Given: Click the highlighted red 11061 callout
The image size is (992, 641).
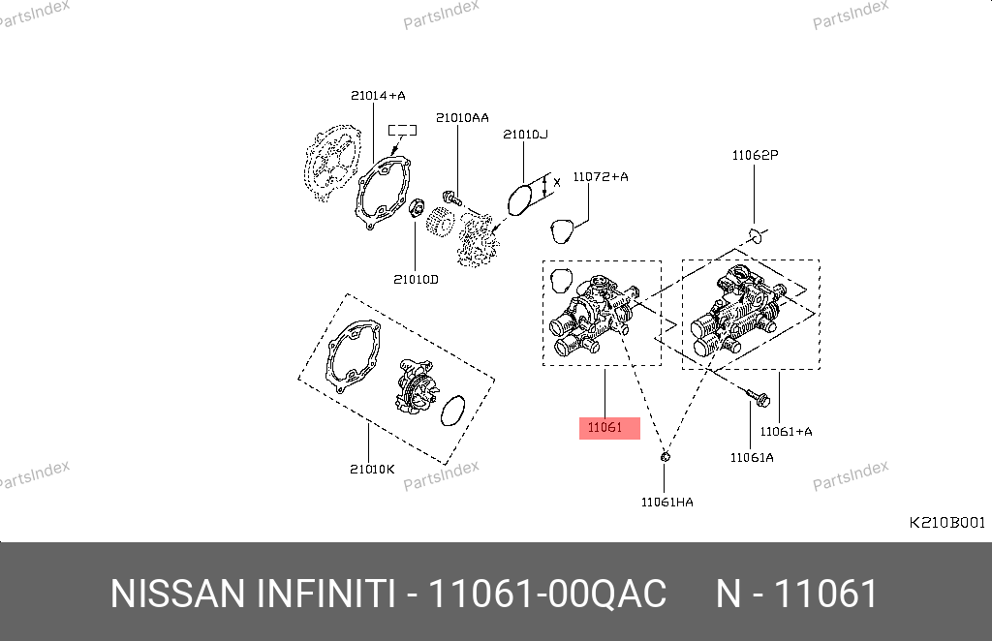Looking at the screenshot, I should coord(609,427).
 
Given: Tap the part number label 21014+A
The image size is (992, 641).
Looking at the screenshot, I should coord(378,95).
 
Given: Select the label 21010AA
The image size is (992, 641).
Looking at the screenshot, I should coord(462,117).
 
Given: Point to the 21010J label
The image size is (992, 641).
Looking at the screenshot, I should coord(525,134).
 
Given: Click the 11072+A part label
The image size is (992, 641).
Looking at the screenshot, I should coord(600,176).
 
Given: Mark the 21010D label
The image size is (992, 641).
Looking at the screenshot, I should coord(416,279).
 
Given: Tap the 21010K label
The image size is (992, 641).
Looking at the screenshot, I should coord(373,469).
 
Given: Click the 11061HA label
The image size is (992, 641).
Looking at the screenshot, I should coord(666,502).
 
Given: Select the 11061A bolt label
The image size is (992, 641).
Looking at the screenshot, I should coord(752,456).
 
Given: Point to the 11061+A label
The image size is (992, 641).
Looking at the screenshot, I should coord(786,431).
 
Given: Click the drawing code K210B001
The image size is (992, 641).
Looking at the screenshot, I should coord(945,522).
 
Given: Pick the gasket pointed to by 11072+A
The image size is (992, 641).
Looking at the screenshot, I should coord(561,230).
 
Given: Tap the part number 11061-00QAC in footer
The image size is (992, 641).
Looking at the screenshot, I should coord(547,593).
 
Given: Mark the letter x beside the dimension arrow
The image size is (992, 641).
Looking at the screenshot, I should coord(557,182).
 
